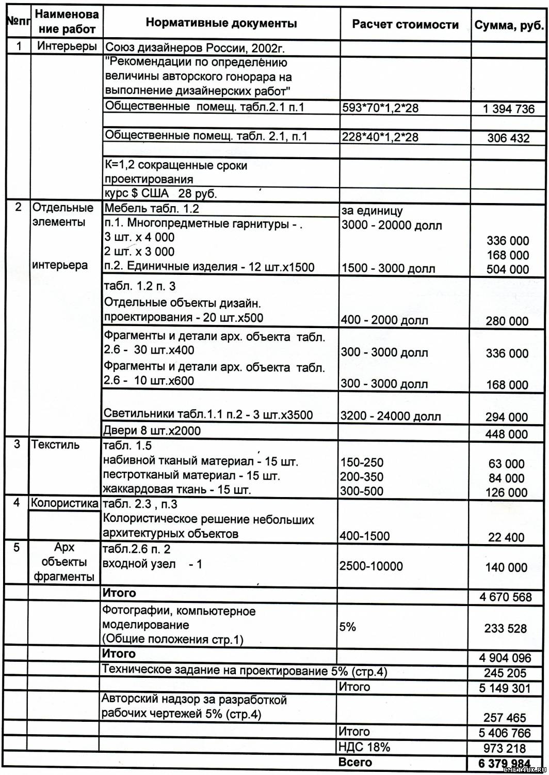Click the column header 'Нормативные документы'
point(221,23)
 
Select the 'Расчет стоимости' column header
point(405,25)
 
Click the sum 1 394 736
point(509,109)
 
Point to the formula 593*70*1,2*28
point(380,108)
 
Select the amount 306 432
point(508,138)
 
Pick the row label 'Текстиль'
point(56,444)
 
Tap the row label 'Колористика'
point(64,503)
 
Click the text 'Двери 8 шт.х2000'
point(152,430)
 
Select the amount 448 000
point(507,435)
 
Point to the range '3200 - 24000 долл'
point(391,416)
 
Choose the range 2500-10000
point(371,566)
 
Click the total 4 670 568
point(505,597)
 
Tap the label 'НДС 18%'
point(364,747)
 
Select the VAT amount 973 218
point(505,748)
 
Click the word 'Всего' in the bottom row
point(355,762)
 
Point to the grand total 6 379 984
point(504,764)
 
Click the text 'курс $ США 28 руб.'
point(160,194)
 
